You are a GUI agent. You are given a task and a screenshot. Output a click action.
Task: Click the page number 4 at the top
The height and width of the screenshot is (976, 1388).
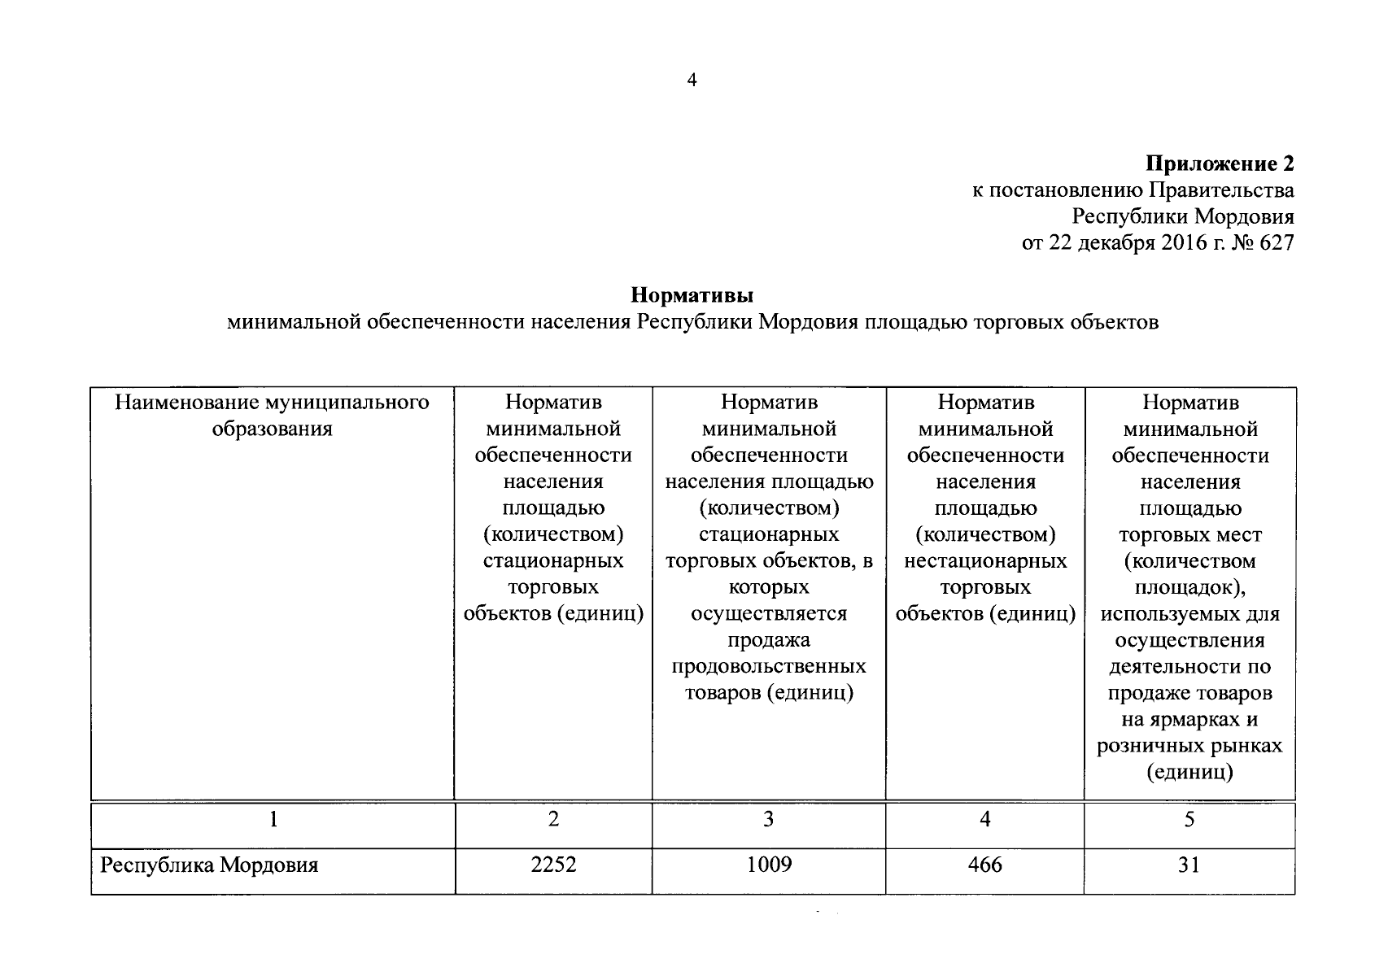click(692, 80)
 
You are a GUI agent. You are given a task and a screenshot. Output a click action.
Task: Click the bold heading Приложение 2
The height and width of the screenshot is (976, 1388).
click(1220, 163)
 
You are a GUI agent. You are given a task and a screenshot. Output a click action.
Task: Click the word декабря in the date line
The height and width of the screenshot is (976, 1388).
click(1118, 242)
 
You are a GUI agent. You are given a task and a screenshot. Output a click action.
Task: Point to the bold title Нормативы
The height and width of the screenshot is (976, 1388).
click(692, 294)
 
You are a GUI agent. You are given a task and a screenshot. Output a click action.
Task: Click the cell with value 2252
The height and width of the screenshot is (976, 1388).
click(553, 865)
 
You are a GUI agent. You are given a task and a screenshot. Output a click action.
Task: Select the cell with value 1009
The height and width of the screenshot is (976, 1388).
click(769, 865)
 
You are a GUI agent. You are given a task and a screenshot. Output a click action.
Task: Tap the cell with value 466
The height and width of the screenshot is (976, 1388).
click(985, 865)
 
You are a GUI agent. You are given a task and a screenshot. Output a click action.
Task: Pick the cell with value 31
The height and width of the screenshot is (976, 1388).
click(1189, 865)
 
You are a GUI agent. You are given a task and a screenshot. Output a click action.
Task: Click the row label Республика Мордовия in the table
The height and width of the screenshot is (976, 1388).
click(209, 865)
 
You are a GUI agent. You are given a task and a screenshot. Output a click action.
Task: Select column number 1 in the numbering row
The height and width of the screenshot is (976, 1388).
click(273, 820)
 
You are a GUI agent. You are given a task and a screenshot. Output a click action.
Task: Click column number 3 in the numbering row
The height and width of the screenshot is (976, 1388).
click(769, 820)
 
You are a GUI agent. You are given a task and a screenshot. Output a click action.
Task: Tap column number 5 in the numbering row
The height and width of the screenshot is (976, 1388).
click(1189, 820)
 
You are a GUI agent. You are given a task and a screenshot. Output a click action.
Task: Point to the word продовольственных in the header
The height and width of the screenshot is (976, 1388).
click(769, 667)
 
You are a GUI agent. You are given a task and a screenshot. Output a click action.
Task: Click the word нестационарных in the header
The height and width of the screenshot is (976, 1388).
click(985, 561)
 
